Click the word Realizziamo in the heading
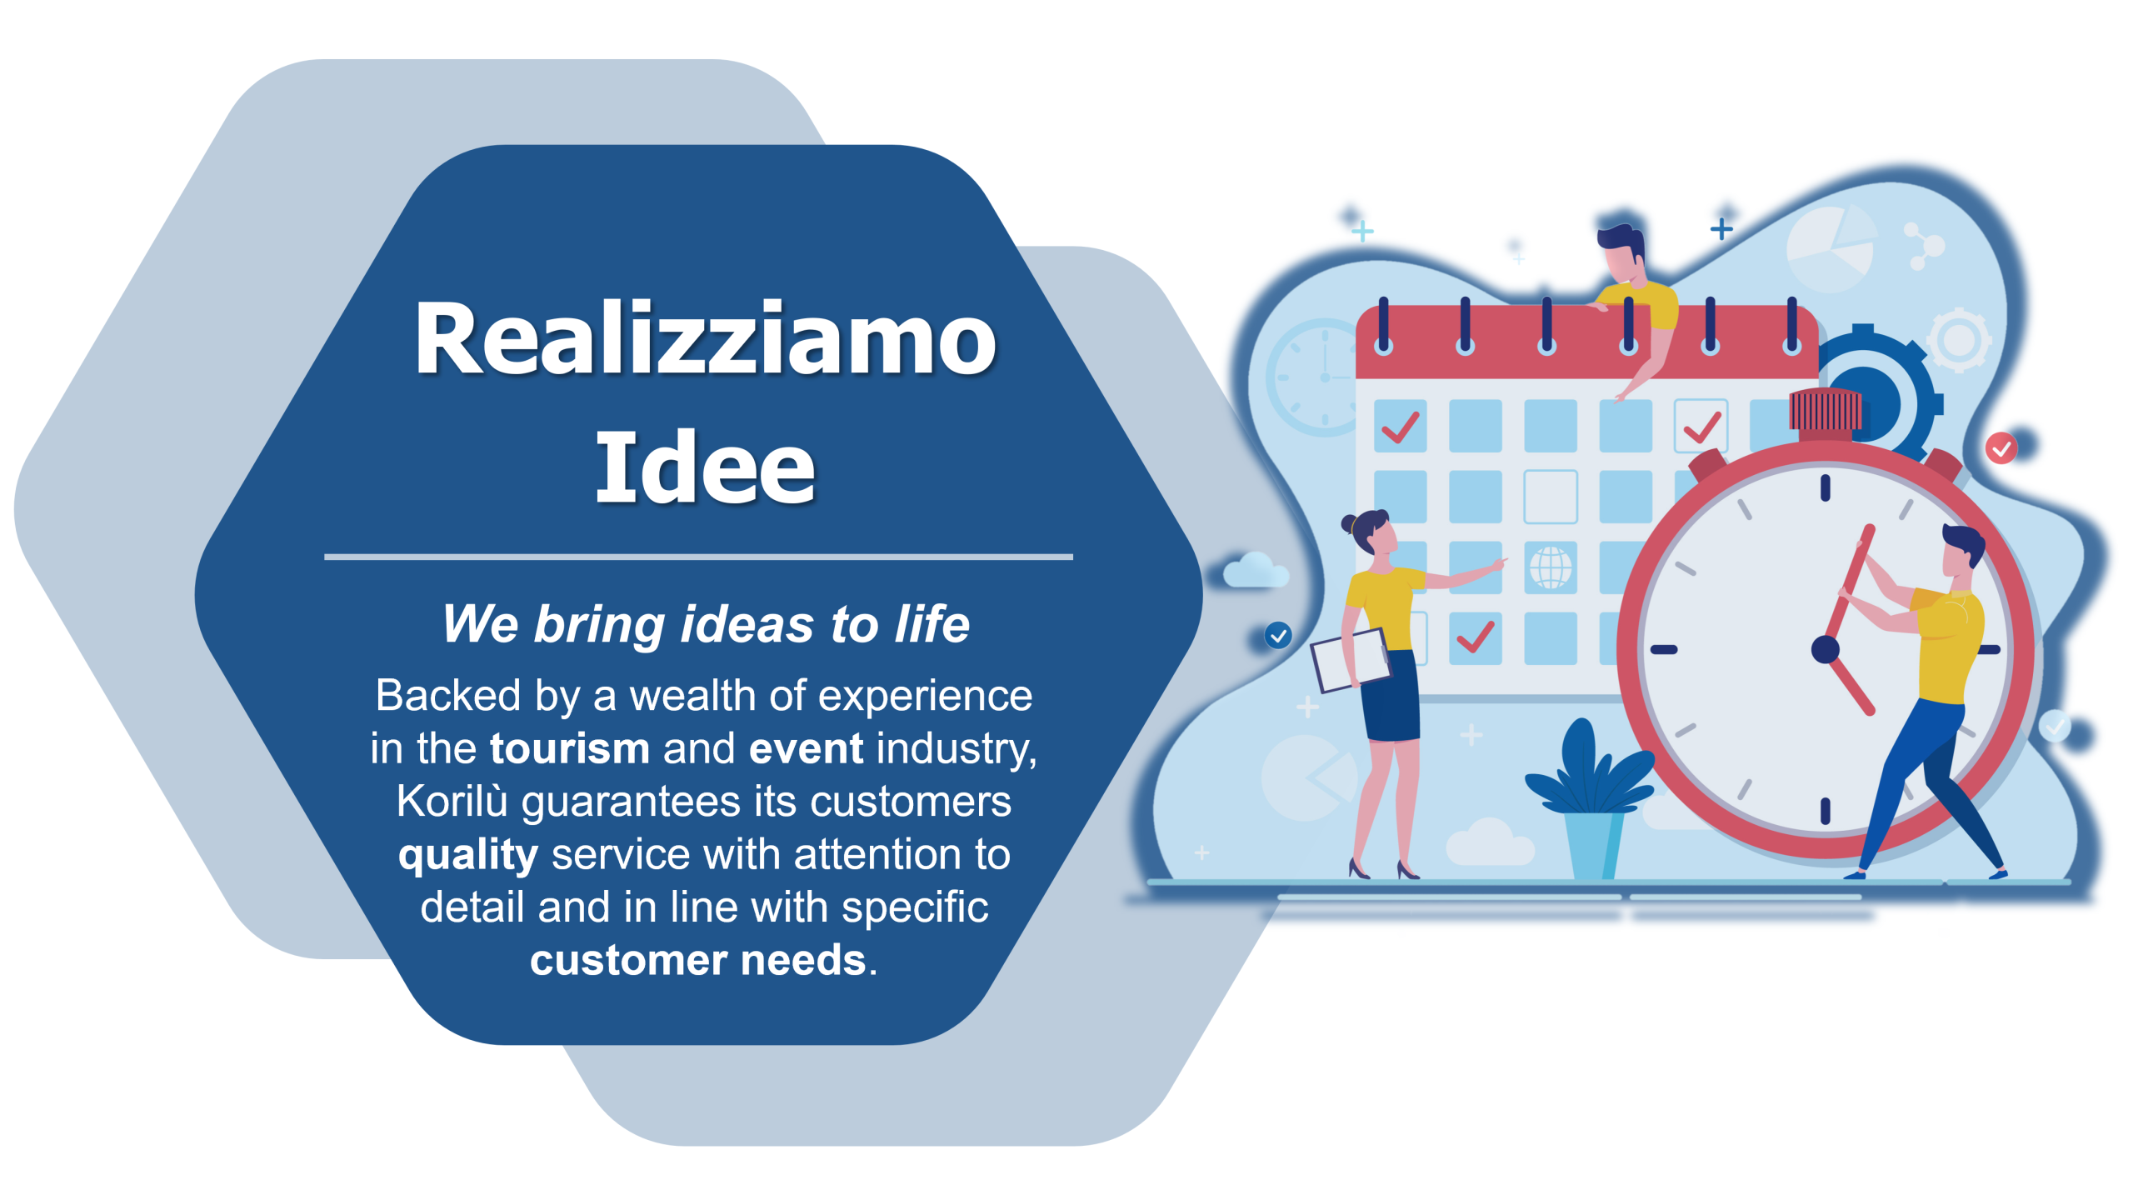tap(705, 338)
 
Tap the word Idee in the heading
tap(705, 467)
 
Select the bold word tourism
tap(570, 748)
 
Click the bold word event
tap(806, 748)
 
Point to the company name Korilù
tap(452, 801)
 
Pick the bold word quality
tap(468, 856)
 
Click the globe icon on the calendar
tap(1550, 567)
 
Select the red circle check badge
tap(2001, 448)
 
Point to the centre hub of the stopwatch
tap(1825, 649)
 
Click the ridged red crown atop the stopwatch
tap(1825, 412)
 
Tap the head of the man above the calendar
tap(1621, 252)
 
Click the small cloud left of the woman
tap(1255, 570)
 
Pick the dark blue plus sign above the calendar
tap(1721, 228)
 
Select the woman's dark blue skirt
tap(1391, 695)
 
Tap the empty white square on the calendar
tap(1550, 497)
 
